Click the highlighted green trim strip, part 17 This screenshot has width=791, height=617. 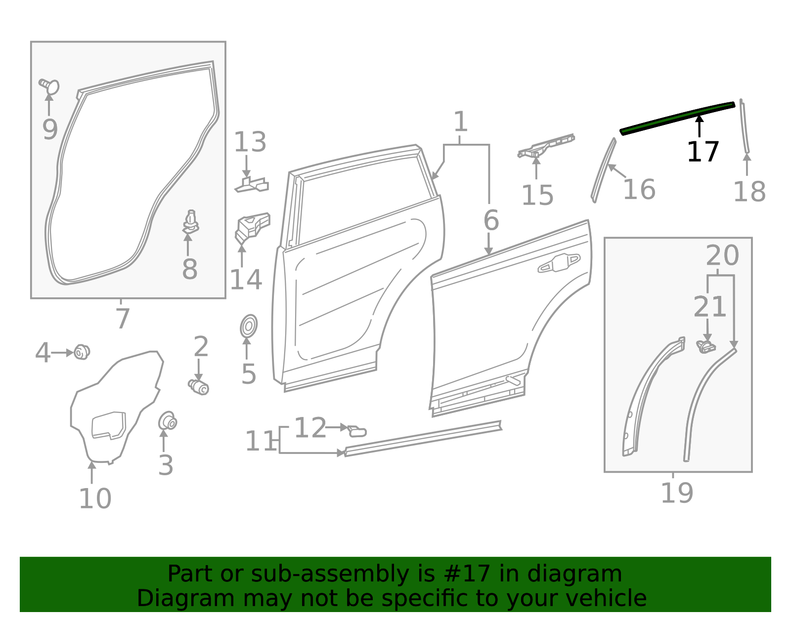pyautogui.click(x=677, y=117)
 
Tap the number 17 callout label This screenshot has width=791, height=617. pyautogui.click(x=703, y=152)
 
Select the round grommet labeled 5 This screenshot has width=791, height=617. pyautogui.click(x=248, y=326)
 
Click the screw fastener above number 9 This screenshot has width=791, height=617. pyautogui.click(x=50, y=86)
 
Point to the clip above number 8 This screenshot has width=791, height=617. pyautogui.click(x=190, y=222)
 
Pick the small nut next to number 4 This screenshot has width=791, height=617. pyautogui.click(x=82, y=352)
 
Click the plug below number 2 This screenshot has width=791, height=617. pyautogui.click(x=199, y=387)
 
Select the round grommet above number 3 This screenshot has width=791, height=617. pyautogui.click(x=168, y=421)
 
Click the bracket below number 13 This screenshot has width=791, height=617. pyautogui.click(x=252, y=185)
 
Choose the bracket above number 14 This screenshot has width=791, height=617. pyautogui.click(x=252, y=226)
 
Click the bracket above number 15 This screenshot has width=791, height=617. pyautogui.click(x=546, y=146)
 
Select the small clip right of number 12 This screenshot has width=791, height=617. pyautogui.click(x=357, y=431)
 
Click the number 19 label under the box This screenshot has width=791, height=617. pyautogui.click(x=677, y=493)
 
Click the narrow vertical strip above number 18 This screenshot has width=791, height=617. pyautogui.click(x=744, y=126)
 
